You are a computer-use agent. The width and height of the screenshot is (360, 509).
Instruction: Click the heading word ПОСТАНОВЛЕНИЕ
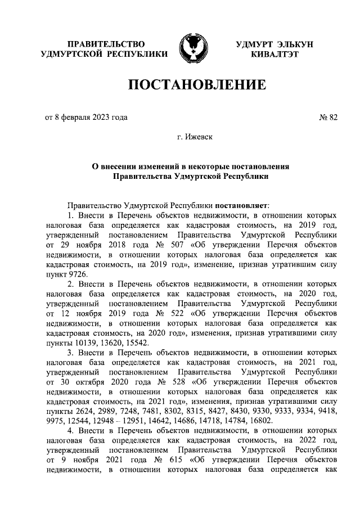tap(197, 85)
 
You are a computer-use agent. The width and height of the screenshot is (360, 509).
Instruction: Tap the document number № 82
tap(328, 117)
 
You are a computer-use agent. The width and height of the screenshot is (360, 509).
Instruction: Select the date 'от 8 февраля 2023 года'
tap(85, 117)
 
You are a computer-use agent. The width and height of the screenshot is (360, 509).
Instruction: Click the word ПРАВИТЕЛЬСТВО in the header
tap(106, 44)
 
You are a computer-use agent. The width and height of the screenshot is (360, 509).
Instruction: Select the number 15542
tap(136, 342)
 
